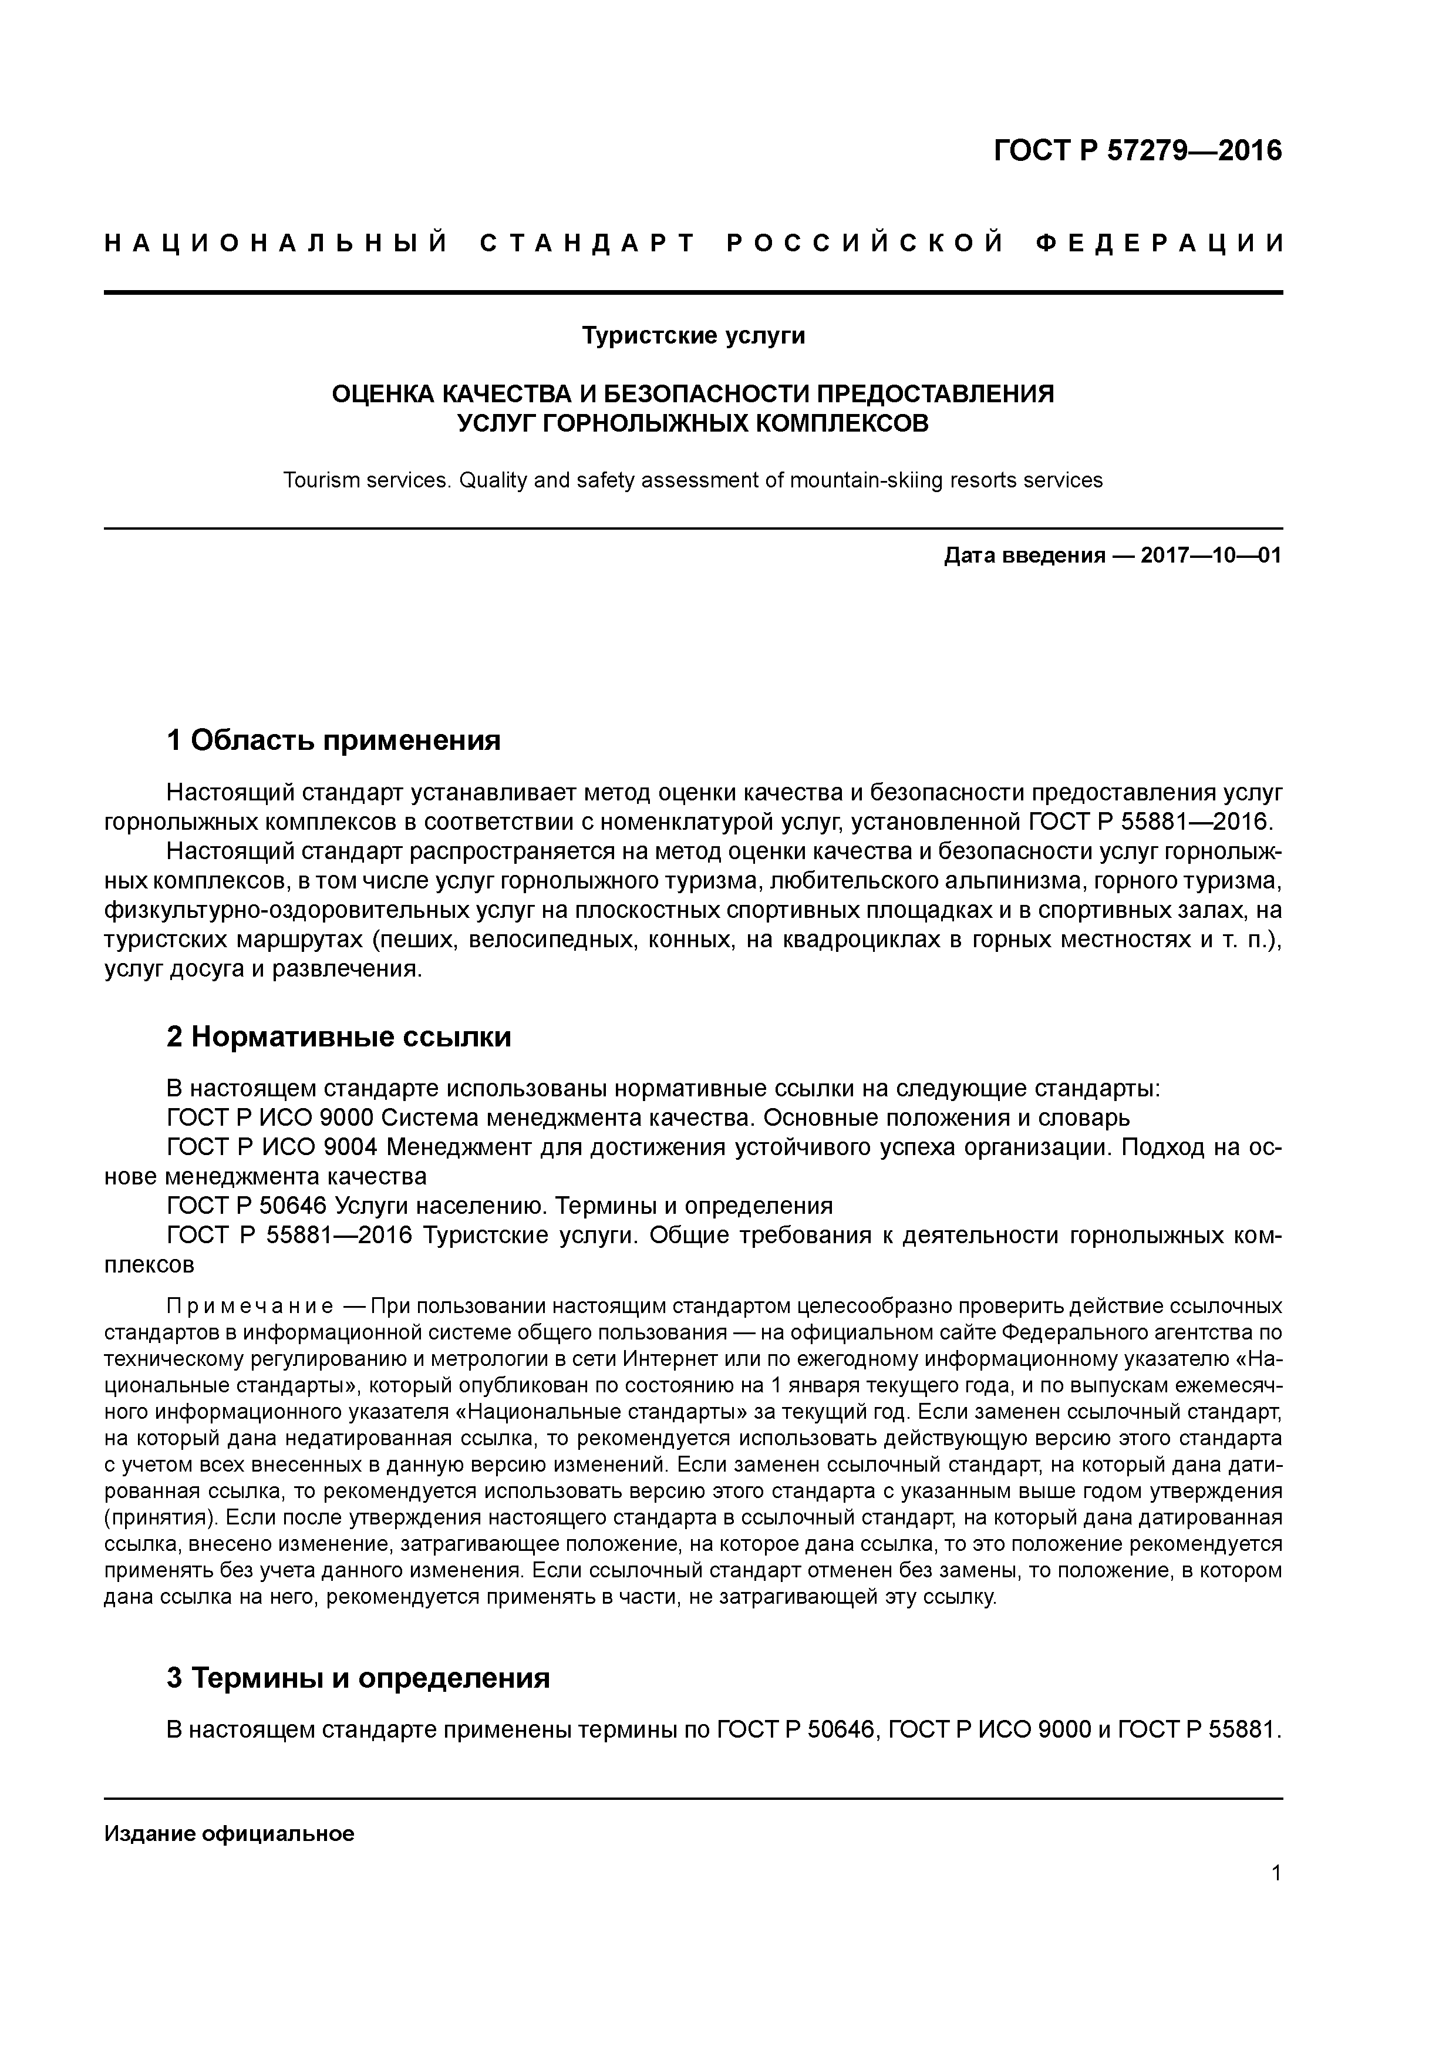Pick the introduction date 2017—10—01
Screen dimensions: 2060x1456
(1211, 556)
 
